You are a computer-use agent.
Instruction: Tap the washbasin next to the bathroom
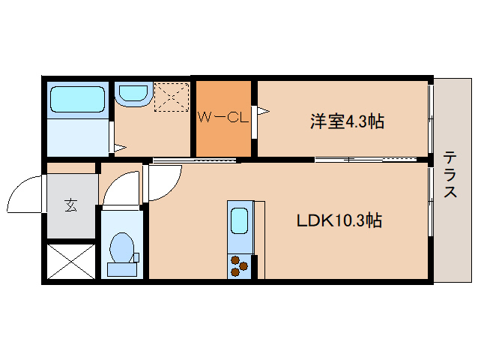point(133,94)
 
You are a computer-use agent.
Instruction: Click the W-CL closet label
point(223,117)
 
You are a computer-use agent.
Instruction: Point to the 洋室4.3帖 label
point(346,121)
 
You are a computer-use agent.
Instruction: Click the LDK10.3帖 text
point(339,221)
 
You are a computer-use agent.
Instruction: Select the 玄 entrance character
point(71,204)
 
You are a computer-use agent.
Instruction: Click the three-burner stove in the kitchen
point(240,265)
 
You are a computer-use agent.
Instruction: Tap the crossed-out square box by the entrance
point(71,260)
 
